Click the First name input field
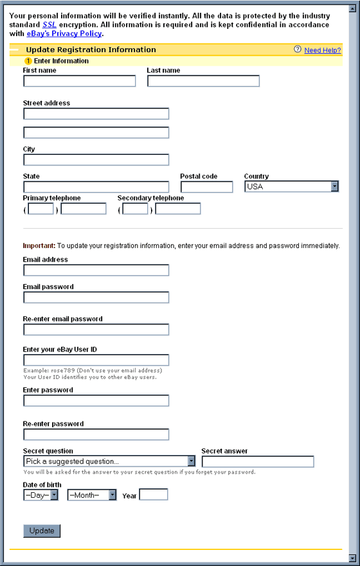(80, 81)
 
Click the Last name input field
(203, 81)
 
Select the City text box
(96, 160)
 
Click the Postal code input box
(206, 187)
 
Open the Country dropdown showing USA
(291, 187)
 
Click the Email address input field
(96, 270)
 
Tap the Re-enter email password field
(96, 330)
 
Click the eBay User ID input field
(96, 360)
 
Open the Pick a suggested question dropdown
(109, 461)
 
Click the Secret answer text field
(258, 461)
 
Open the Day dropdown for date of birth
(40, 495)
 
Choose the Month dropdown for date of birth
(92, 495)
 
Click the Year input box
(154, 495)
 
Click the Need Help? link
(322, 50)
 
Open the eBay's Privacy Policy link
(64, 33)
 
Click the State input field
(96, 187)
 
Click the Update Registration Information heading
(91, 49)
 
